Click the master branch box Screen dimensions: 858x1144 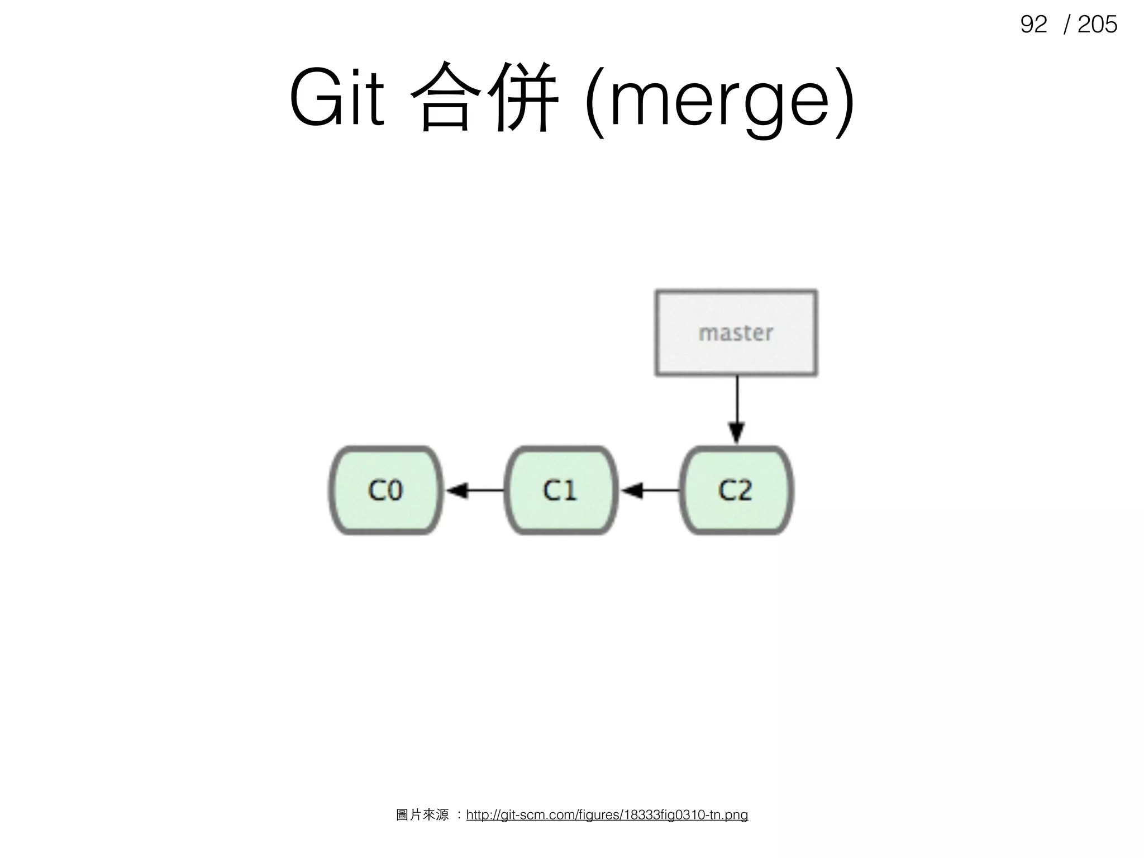point(736,333)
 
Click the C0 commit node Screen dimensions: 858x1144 point(385,490)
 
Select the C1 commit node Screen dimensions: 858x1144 point(560,490)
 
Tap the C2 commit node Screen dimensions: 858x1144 point(736,490)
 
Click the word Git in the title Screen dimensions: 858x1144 point(337,98)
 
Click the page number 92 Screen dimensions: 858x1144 point(1033,25)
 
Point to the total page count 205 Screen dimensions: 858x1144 point(1097,25)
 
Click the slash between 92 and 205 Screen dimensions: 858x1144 point(1067,25)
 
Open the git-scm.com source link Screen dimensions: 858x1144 point(607,815)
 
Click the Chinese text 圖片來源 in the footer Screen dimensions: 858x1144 point(422,815)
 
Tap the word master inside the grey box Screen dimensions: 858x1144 point(736,333)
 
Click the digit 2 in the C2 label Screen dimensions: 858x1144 point(744,490)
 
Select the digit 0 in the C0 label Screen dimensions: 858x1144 point(394,490)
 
